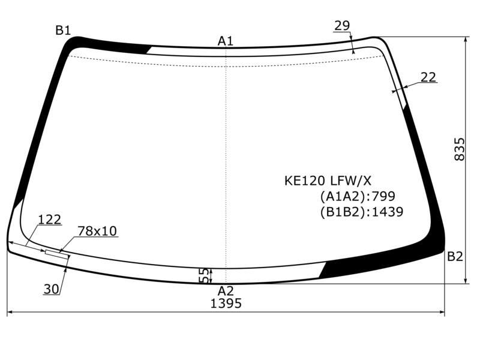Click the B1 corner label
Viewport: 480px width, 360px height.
[63, 31]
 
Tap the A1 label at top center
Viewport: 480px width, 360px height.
[226, 41]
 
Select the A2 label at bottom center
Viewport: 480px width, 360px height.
[226, 290]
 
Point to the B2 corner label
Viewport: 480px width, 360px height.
[455, 257]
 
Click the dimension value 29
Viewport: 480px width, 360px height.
[342, 26]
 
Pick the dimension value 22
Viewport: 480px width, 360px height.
[428, 77]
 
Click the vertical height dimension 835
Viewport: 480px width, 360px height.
[459, 149]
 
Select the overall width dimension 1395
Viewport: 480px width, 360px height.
[226, 304]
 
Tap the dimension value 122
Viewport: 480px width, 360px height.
[50, 220]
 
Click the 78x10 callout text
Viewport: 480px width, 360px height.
[97, 231]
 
